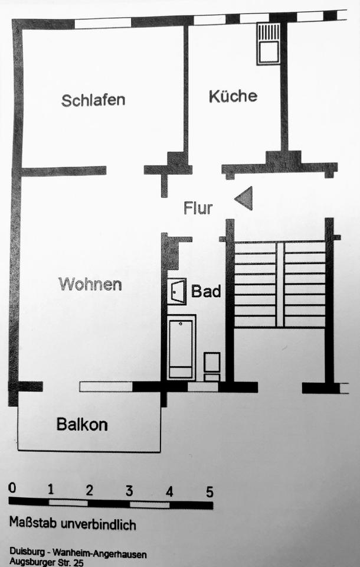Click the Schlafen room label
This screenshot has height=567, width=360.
coord(93,99)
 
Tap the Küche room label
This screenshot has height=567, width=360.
coord(233,96)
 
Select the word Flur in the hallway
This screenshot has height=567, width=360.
coord(198,208)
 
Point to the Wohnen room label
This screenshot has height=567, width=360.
coord(90,284)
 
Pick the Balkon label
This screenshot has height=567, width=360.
coord(82,424)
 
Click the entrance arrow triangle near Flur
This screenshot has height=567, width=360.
coord(244,198)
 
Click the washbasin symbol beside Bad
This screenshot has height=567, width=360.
coord(176,291)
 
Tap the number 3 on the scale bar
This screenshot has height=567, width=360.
coord(129,490)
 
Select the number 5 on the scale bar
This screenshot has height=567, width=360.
coord(209,491)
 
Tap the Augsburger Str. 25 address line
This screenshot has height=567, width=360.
coord(47,563)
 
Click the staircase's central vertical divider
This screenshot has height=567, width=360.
coord(280,285)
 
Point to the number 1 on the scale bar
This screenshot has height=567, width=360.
coord(51,490)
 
